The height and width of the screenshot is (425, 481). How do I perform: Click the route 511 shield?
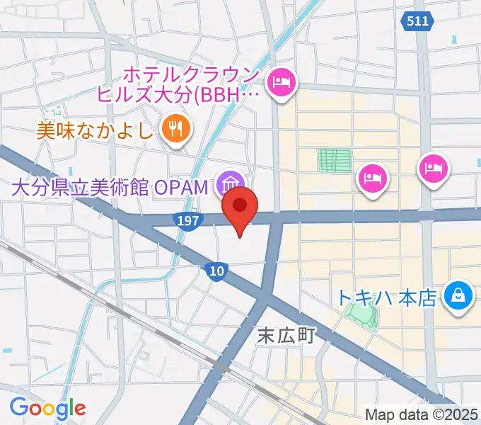[417, 22]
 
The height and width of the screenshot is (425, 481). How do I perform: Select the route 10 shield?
[217, 270]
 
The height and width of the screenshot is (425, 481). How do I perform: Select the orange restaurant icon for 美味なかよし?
[174, 129]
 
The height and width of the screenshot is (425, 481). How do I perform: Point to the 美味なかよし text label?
[95, 130]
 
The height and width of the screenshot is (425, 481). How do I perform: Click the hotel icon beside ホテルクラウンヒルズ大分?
[283, 84]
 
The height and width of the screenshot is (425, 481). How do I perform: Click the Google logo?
[47, 408]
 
